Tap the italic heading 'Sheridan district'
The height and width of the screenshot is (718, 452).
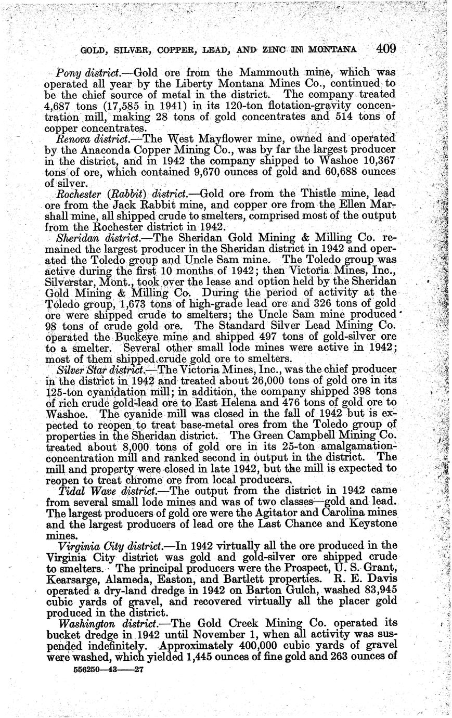(96, 237)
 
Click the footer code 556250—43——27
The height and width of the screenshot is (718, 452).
(106, 671)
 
